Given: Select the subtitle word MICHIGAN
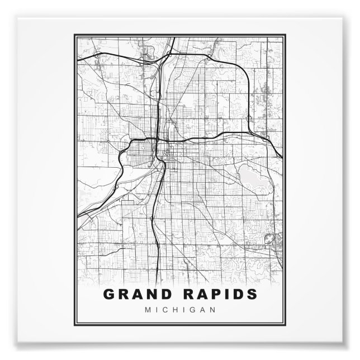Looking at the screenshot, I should (180, 310).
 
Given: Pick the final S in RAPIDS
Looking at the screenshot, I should (253, 294).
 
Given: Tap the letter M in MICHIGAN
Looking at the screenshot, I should (147, 310).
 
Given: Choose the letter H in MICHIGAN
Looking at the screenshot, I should (174, 310).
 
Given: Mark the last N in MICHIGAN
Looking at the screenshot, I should (212, 310).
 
